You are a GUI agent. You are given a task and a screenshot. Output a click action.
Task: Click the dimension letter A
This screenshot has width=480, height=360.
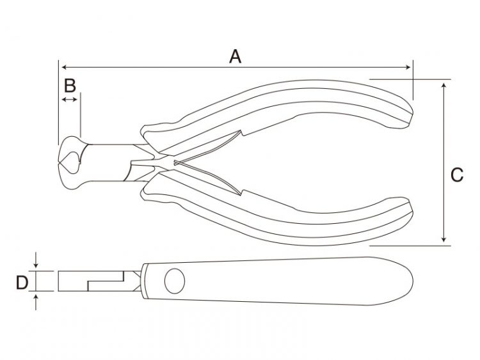[235, 56]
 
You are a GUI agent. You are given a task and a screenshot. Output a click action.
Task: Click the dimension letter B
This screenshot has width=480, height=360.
[70, 86]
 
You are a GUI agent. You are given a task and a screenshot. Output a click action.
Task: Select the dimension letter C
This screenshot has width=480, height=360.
[457, 175]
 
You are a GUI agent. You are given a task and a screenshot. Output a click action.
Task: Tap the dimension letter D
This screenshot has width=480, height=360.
[22, 283]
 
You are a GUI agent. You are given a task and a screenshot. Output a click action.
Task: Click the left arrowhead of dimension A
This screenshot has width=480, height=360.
[64, 67]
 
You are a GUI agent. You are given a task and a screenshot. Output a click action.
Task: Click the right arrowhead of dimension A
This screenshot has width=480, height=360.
[408, 67]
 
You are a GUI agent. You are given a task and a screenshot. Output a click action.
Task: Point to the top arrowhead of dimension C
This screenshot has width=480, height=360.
[444, 85]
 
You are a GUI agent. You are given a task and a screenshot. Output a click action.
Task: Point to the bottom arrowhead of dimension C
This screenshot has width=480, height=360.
[444, 239]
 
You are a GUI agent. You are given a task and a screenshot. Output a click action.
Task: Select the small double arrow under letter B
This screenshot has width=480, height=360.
[70, 99]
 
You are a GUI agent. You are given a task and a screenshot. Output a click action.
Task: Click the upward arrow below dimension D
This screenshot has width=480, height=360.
[36, 302]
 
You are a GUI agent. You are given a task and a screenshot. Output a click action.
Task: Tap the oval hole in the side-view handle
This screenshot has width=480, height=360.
[175, 281]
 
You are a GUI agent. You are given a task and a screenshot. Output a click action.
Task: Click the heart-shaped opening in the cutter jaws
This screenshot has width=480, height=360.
[70, 162]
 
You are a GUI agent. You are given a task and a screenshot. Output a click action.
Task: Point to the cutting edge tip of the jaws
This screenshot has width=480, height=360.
[59, 162]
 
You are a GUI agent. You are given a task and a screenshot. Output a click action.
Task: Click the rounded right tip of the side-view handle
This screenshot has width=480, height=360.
[410, 281]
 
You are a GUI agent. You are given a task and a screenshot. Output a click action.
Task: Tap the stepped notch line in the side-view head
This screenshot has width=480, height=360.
[106, 281]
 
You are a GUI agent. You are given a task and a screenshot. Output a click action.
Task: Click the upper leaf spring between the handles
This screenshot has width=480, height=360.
[208, 147]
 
